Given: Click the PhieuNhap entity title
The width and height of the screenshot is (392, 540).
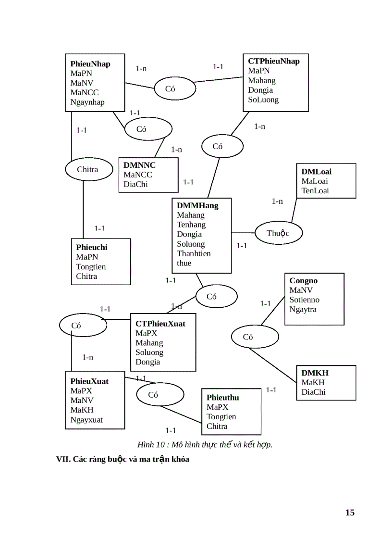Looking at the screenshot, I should [90, 64].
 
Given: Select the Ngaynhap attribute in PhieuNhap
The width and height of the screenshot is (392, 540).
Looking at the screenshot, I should [87, 102].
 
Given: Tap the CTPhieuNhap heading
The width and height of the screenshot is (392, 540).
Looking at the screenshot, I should [273, 61].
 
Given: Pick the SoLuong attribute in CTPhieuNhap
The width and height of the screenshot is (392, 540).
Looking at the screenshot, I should [263, 100].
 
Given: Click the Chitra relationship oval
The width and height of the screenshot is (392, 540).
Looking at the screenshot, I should [87, 169].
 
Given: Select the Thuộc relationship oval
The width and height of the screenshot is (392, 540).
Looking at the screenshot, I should [278, 233].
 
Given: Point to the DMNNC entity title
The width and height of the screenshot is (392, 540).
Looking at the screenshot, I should [139, 165].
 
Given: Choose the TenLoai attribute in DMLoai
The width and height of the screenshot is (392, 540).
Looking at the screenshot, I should [315, 190].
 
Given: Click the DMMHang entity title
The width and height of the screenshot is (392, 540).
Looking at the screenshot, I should [197, 205].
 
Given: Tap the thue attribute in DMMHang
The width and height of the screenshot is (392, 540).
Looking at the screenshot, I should [184, 263].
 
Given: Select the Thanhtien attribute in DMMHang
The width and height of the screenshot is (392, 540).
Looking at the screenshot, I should [194, 253].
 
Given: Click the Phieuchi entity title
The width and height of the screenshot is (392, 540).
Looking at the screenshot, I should [92, 247].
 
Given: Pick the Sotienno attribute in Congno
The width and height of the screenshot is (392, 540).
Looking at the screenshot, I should [304, 300].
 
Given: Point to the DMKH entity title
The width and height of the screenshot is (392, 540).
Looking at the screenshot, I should [315, 373].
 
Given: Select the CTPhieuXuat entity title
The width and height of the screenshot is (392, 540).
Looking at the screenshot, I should [160, 324].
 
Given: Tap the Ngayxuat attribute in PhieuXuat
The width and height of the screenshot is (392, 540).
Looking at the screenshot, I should [86, 419].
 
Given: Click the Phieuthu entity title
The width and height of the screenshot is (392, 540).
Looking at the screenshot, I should [222, 397].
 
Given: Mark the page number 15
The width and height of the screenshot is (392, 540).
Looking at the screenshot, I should [350, 512].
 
